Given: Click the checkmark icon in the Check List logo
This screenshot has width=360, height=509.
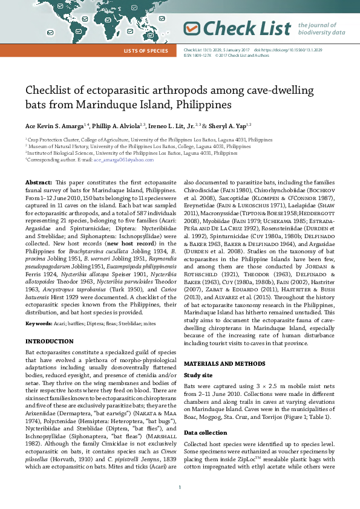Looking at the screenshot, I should pyautogui.click(x=192, y=28).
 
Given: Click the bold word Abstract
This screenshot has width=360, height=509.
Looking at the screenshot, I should pyautogui.click(x=39, y=182).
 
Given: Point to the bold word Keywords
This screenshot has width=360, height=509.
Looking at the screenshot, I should pyautogui.click(x=38, y=324).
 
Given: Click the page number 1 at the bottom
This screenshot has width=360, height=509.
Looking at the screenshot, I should pyautogui.click(x=180, y=487).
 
